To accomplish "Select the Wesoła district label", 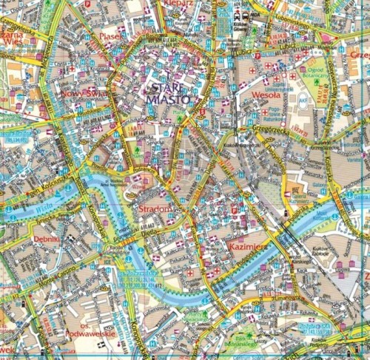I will pos(266,95).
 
